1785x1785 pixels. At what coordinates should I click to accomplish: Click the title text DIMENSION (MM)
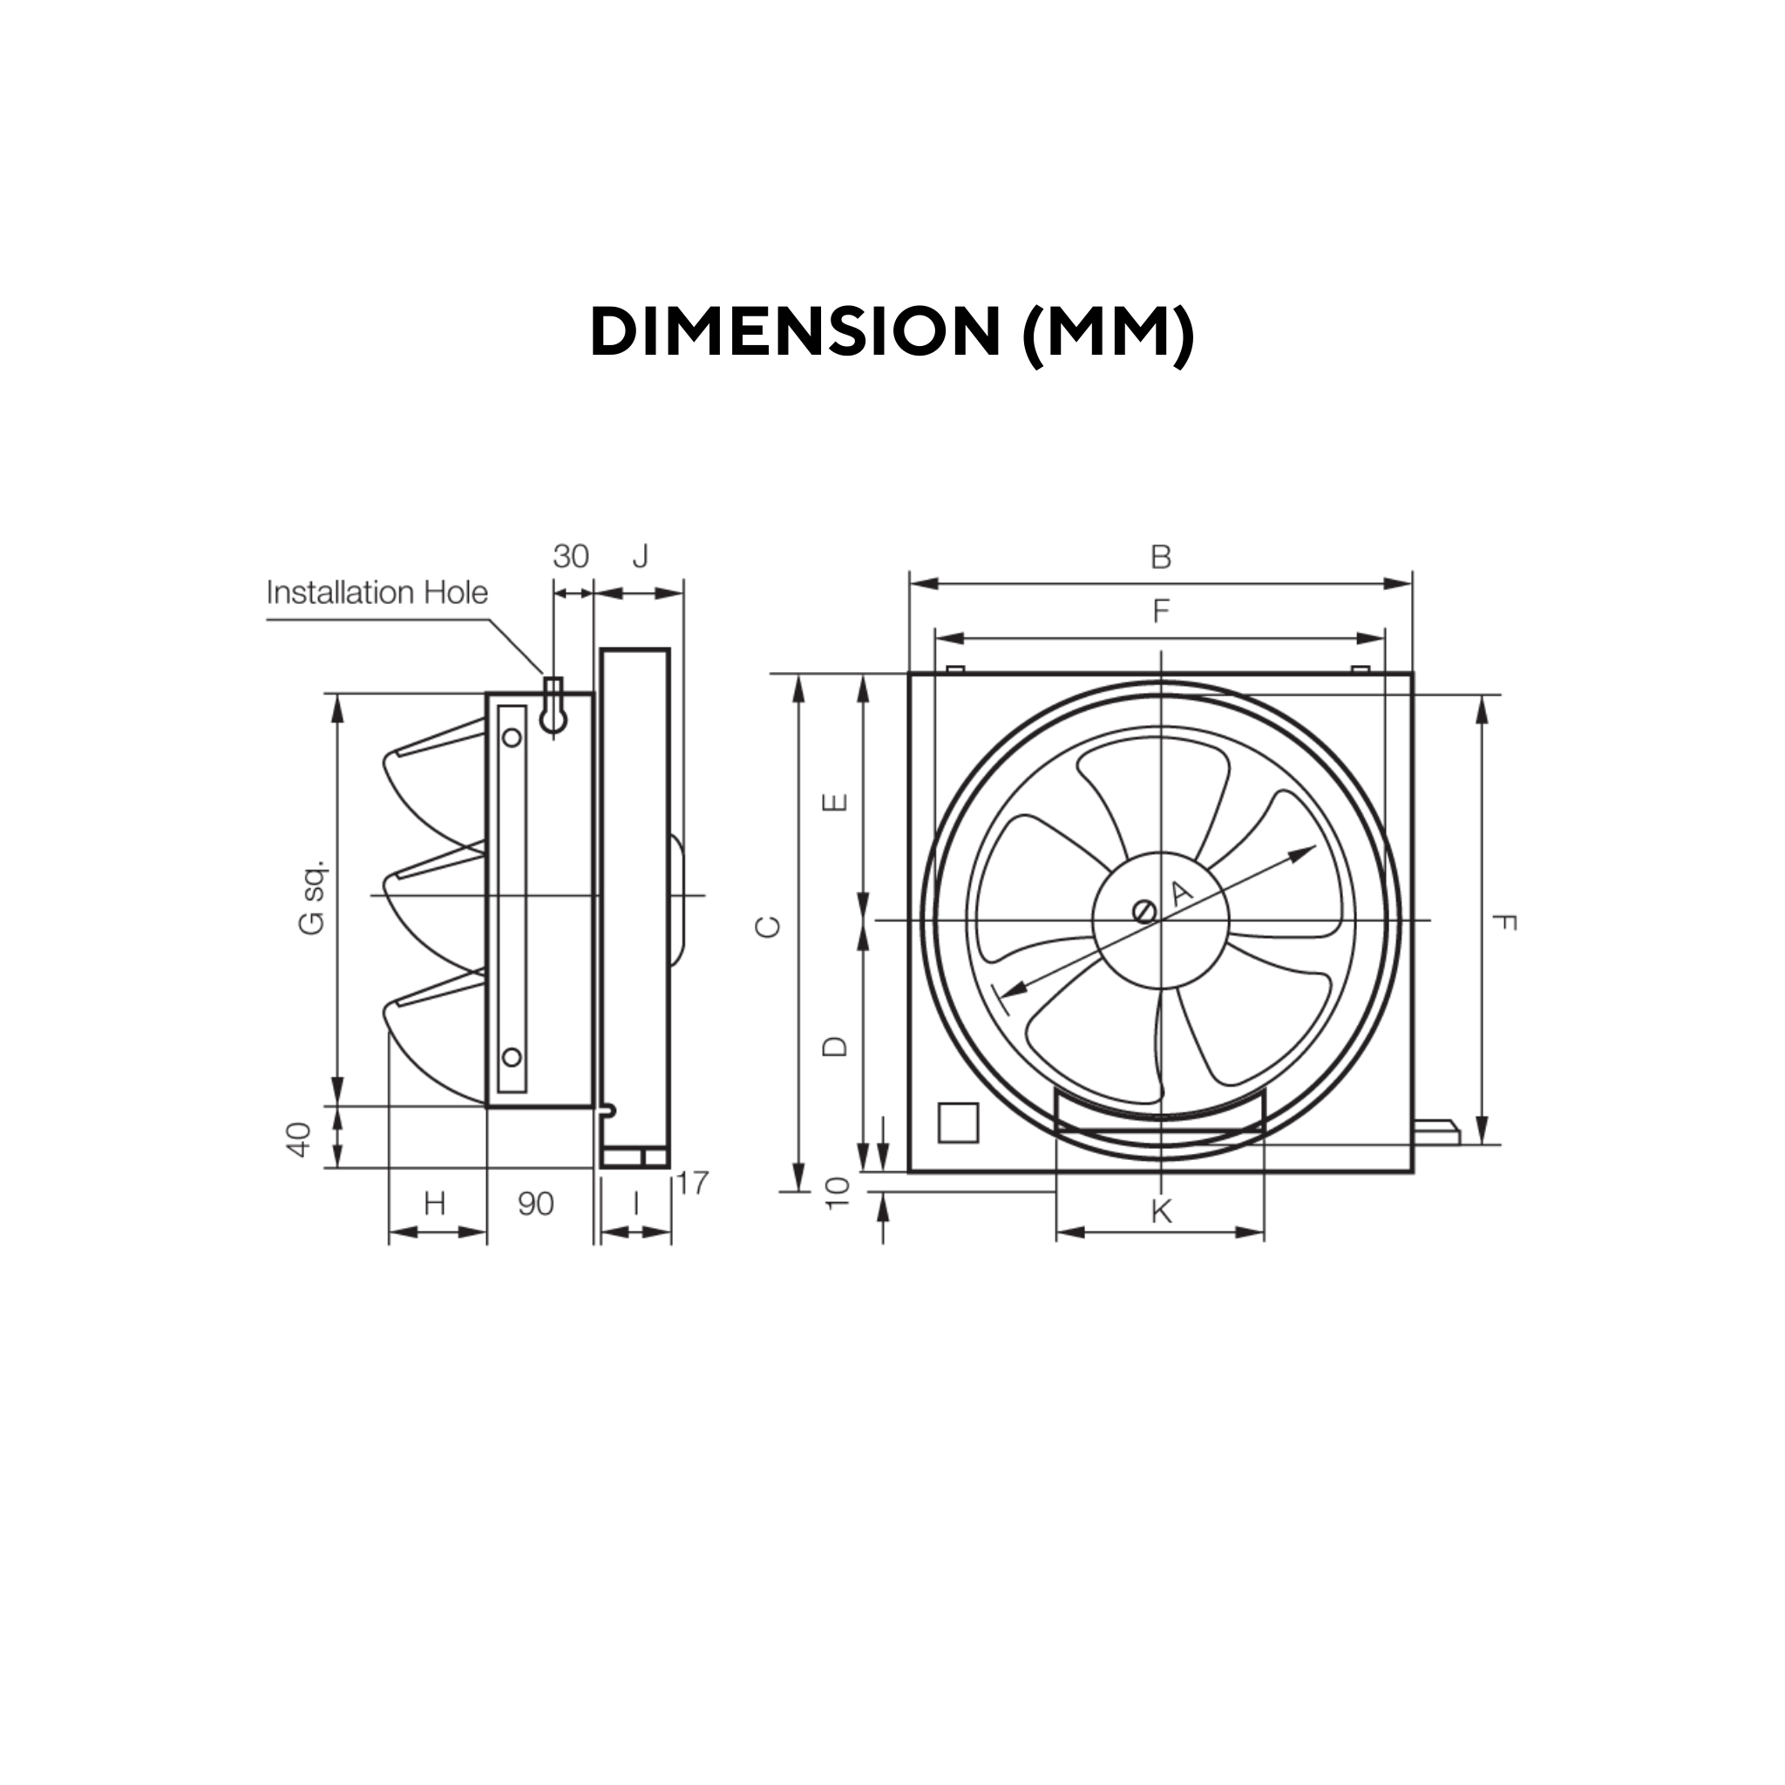pyautogui.click(x=892, y=332)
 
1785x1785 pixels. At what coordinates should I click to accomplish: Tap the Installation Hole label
pyautogui.click(x=377, y=592)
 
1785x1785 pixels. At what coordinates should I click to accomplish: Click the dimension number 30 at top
pyautogui.click(x=570, y=556)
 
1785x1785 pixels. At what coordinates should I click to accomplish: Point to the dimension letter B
pyautogui.click(x=1160, y=557)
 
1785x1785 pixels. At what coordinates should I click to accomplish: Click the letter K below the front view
pyautogui.click(x=1160, y=1211)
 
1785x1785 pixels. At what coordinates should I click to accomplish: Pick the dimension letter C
pyautogui.click(x=769, y=926)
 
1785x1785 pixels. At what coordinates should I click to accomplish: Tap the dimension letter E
pyautogui.click(x=834, y=801)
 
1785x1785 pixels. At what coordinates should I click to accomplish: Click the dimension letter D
pyautogui.click(x=834, y=1046)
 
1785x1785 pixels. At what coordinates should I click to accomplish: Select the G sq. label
pyautogui.click(x=312, y=897)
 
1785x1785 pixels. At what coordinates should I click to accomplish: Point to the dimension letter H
pyautogui.click(x=434, y=1204)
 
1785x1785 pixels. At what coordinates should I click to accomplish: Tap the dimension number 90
pyautogui.click(x=536, y=1204)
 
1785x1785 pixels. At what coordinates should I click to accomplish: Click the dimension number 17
pyautogui.click(x=692, y=1183)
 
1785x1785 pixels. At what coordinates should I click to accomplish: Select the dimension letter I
pyautogui.click(x=635, y=1203)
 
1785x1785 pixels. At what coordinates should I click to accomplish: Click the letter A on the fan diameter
pyautogui.click(x=1182, y=892)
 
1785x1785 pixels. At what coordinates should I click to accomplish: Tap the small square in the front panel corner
pyautogui.click(x=958, y=1123)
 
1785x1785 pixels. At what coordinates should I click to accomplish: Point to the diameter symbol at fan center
pyautogui.click(x=1144, y=911)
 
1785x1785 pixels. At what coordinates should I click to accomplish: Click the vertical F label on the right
pyautogui.click(x=1504, y=922)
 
